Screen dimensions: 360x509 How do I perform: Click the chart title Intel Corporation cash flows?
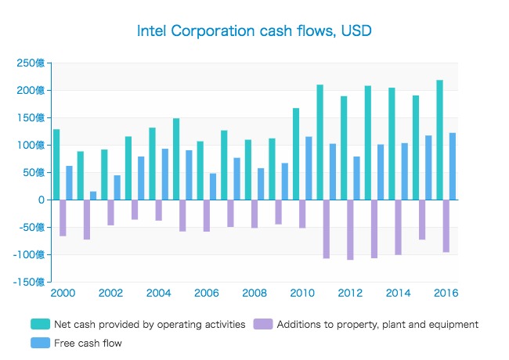(x=254, y=31)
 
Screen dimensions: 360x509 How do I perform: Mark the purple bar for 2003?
(x=135, y=210)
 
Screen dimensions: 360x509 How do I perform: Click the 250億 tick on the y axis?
(x=31, y=63)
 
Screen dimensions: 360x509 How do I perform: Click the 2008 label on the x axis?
(x=254, y=293)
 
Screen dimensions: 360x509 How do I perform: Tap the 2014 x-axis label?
(x=398, y=293)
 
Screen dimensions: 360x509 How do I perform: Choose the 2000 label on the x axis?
(x=63, y=293)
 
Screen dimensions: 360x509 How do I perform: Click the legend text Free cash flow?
(x=88, y=343)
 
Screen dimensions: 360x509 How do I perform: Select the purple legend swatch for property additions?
(x=263, y=324)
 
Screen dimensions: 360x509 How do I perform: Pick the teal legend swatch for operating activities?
(x=40, y=324)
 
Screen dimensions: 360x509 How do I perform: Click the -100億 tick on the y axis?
(x=29, y=254)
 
